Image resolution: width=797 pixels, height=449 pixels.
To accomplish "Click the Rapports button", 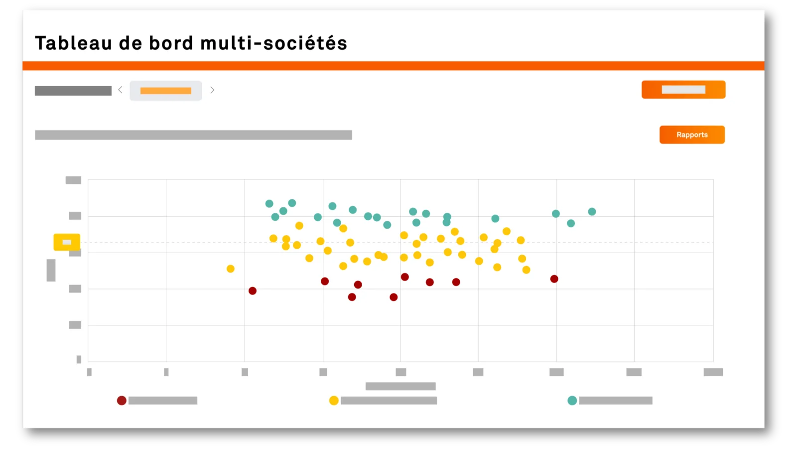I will [692, 135].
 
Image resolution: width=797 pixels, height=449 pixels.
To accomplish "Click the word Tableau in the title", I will [73, 43].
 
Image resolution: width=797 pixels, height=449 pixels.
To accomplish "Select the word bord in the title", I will [171, 43].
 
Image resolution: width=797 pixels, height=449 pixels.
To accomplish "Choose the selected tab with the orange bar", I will [166, 91].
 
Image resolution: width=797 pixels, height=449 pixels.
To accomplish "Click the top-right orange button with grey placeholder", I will [683, 90].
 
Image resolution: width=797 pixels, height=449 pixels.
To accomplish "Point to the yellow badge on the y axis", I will [67, 242].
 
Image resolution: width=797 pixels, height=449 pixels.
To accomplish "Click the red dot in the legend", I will [122, 401].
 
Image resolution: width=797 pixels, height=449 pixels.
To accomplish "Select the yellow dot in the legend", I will [334, 401].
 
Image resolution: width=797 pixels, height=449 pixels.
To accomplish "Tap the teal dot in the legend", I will [572, 401].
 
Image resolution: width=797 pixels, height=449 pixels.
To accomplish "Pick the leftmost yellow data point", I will [231, 269].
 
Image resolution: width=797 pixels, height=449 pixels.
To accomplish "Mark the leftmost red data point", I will [253, 291].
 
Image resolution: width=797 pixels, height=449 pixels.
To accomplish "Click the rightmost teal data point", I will [592, 212].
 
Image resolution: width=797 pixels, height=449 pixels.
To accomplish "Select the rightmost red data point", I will [554, 279].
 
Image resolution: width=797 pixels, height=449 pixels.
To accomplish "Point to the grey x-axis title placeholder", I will [400, 386].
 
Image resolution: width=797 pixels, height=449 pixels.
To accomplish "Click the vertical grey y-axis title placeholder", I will [51, 270].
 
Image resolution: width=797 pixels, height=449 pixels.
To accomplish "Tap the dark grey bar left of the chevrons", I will [73, 91].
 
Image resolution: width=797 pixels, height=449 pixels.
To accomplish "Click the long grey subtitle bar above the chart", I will [193, 135].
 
